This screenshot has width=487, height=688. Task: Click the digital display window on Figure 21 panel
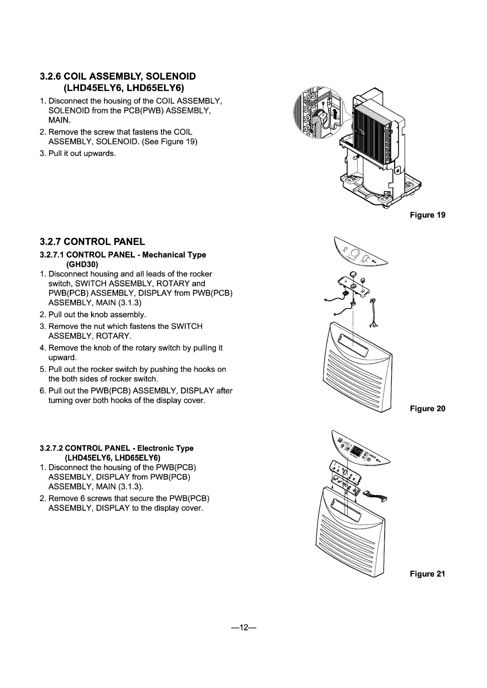[358, 452]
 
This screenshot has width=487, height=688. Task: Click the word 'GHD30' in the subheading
[79, 264]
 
